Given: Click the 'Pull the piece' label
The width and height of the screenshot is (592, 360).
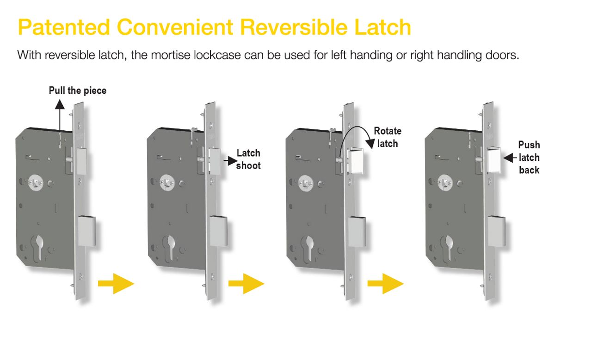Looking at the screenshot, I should click(78, 91).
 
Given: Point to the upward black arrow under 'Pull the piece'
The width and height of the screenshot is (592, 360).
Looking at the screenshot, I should click(60, 116).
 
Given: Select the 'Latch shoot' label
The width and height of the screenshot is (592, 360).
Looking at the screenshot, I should click(248, 159).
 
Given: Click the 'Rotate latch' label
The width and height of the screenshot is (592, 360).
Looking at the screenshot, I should click(388, 137).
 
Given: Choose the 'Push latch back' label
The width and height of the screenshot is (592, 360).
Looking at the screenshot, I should click(529, 158).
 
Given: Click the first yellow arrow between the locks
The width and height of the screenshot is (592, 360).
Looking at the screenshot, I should click(116, 283).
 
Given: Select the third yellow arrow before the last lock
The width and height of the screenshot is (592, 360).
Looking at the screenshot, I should click(385, 283).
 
